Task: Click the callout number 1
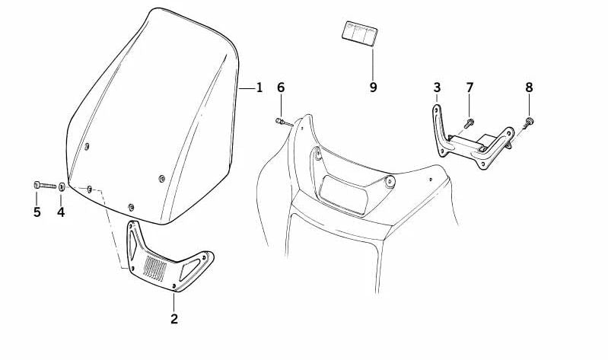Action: (259, 88)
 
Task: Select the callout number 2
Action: (174, 319)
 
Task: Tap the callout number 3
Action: (437, 88)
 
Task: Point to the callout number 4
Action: (61, 212)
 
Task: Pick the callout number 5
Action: (37, 212)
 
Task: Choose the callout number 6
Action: (281, 88)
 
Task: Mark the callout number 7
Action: (470, 88)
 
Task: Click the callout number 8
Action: (530, 88)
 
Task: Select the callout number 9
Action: (373, 88)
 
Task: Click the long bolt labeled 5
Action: (45, 185)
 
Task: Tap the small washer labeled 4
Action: (62, 186)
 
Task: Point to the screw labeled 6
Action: (285, 123)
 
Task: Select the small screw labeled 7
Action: (470, 123)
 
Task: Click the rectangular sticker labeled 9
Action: (360, 33)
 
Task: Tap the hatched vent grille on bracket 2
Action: (154, 268)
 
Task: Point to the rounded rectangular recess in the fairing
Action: (344, 195)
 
